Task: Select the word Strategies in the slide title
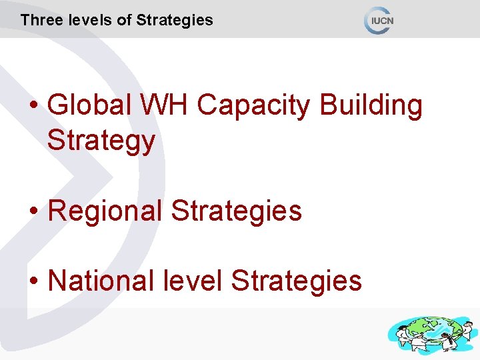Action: coord(175,20)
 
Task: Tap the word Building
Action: coord(371,106)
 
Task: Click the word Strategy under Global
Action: coord(101,141)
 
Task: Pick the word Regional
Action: coord(105,211)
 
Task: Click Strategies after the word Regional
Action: coord(237,211)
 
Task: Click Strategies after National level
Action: coord(296,281)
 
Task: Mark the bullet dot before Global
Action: coord(35,107)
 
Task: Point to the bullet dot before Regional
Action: coord(35,212)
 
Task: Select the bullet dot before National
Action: coord(35,281)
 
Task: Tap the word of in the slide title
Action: coord(125,20)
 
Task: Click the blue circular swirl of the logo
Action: coord(371,20)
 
